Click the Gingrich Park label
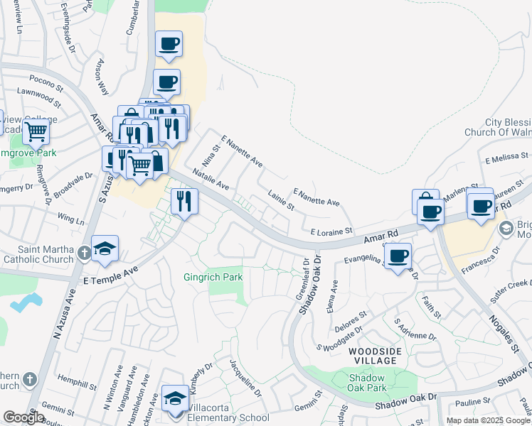(x=213, y=277)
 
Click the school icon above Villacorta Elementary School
(x=175, y=398)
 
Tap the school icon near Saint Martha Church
(x=105, y=248)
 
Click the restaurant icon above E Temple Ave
(x=184, y=201)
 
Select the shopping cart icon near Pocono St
(x=35, y=131)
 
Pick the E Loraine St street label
(x=331, y=231)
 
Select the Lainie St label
(x=281, y=201)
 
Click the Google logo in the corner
(x=23, y=417)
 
